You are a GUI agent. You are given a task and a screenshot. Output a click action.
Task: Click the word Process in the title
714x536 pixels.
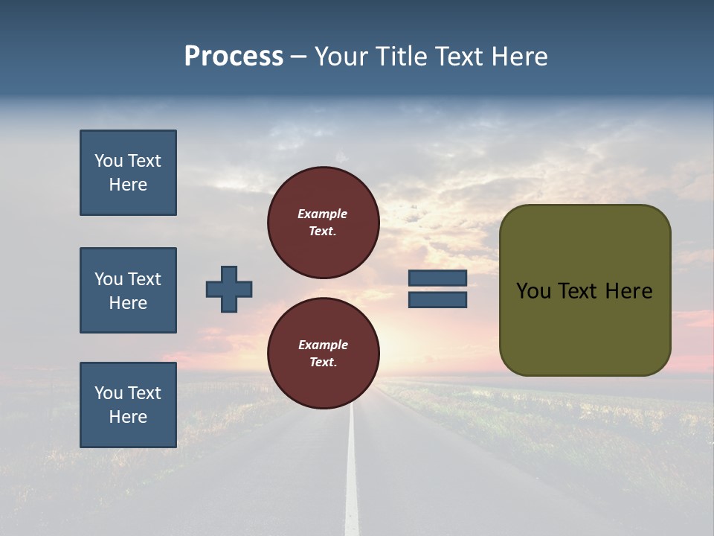pos(234,57)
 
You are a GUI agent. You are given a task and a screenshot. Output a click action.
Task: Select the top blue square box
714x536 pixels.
pos(128,173)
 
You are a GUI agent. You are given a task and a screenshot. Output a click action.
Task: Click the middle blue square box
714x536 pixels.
pos(128,290)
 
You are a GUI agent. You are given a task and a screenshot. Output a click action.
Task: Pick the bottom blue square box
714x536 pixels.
pos(128,404)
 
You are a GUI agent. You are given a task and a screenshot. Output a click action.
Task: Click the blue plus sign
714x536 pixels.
pos(229,289)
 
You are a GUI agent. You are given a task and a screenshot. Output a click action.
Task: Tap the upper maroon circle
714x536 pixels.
pos(324,223)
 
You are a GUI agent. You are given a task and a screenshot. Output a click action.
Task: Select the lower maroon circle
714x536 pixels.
pos(324,354)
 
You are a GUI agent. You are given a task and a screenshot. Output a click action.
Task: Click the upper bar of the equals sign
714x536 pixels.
pos(437,278)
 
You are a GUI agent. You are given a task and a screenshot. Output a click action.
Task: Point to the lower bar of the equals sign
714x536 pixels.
pos(437,299)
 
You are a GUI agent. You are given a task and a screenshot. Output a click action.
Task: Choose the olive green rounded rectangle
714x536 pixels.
pos(585,328)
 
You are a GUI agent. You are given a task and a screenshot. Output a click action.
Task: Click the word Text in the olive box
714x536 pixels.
pos(580,291)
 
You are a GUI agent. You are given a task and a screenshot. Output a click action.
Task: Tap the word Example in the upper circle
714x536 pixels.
pos(323,214)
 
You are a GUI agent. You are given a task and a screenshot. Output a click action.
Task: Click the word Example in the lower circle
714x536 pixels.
pos(323,345)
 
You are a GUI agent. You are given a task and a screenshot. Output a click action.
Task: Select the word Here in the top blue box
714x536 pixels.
pos(128,185)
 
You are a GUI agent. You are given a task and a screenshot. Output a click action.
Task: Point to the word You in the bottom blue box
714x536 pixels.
pos(109,393)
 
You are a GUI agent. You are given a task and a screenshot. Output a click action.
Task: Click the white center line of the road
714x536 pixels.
pos(352,476)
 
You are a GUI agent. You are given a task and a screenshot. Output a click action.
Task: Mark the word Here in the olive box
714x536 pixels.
pos(628,291)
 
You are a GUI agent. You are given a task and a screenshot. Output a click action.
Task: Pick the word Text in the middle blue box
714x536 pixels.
pos(144,279)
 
